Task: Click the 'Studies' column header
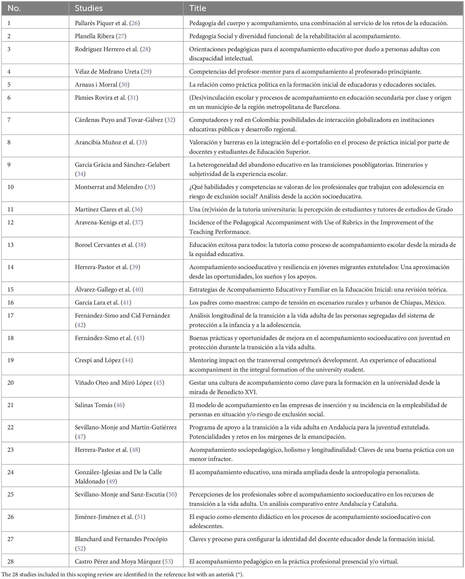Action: [x=89, y=8]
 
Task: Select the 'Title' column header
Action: [x=198, y=8]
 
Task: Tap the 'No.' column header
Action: [x=14, y=8]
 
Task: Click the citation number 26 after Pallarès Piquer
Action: [x=135, y=23]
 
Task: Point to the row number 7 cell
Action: [x=9, y=120]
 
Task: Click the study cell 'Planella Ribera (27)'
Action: [x=100, y=36]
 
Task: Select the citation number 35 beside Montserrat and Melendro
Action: [x=150, y=187]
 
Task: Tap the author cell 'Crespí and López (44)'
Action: [x=104, y=360]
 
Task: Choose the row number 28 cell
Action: [x=11, y=561]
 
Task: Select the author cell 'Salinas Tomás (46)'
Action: [x=100, y=405]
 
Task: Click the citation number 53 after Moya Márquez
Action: [x=168, y=561]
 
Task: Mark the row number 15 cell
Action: [x=11, y=289]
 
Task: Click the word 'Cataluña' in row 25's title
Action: [x=385, y=504]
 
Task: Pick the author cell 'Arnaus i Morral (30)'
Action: [x=102, y=85]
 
